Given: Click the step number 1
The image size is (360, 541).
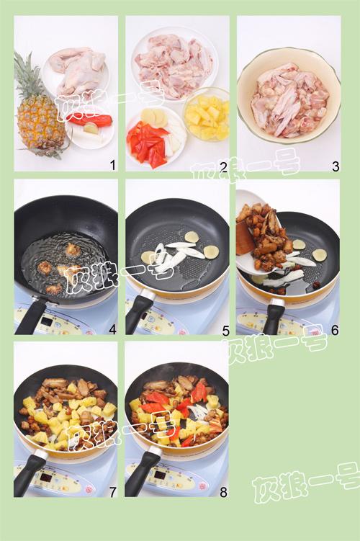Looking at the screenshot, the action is point(112,166).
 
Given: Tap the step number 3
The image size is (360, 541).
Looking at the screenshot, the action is point(336,166).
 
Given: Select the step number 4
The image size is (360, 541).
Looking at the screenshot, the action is point(112,329).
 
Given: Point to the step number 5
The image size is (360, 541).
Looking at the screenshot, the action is point(225,331).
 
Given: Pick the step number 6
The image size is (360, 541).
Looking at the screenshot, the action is point(335,330).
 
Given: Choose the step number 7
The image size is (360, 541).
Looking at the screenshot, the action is point(112,492).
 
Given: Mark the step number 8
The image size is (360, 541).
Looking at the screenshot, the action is point(223,492).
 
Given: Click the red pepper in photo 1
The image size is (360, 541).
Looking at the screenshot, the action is point(90,120).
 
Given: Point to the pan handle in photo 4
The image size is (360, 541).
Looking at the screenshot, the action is point(32,315).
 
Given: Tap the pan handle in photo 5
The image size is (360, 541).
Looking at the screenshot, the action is point(138,313).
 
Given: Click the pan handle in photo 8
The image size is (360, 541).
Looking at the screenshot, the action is point(140,472).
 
